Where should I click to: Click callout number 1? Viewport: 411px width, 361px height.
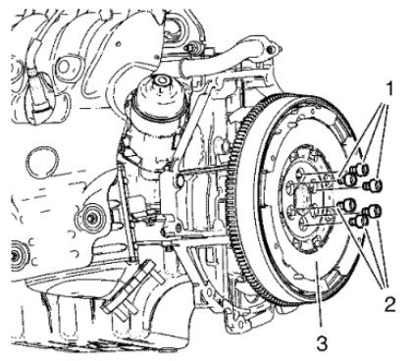tap(388, 88)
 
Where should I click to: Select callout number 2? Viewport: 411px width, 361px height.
tap(389, 305)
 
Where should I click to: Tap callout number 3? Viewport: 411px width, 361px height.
tap(322, 343)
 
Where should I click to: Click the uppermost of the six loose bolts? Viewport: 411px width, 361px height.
tap(360, 169)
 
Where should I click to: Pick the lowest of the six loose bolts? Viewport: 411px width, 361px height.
tap(359, 222)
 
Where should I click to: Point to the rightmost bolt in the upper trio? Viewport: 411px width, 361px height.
tap(374, 185)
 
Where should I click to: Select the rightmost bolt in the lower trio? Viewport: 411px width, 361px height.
tap(372, 210)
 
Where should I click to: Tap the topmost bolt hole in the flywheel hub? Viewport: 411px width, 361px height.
tap(300, 173)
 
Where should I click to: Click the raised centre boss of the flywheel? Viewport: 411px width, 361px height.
tap(303, 197)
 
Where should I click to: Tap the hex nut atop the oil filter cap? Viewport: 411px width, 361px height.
tap(161, 81)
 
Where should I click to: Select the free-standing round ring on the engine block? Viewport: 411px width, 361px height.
tap(41, 162)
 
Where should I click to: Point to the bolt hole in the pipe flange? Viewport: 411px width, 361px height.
tap(270, 50)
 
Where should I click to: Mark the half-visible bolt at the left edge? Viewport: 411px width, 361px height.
tap(17, 253)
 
